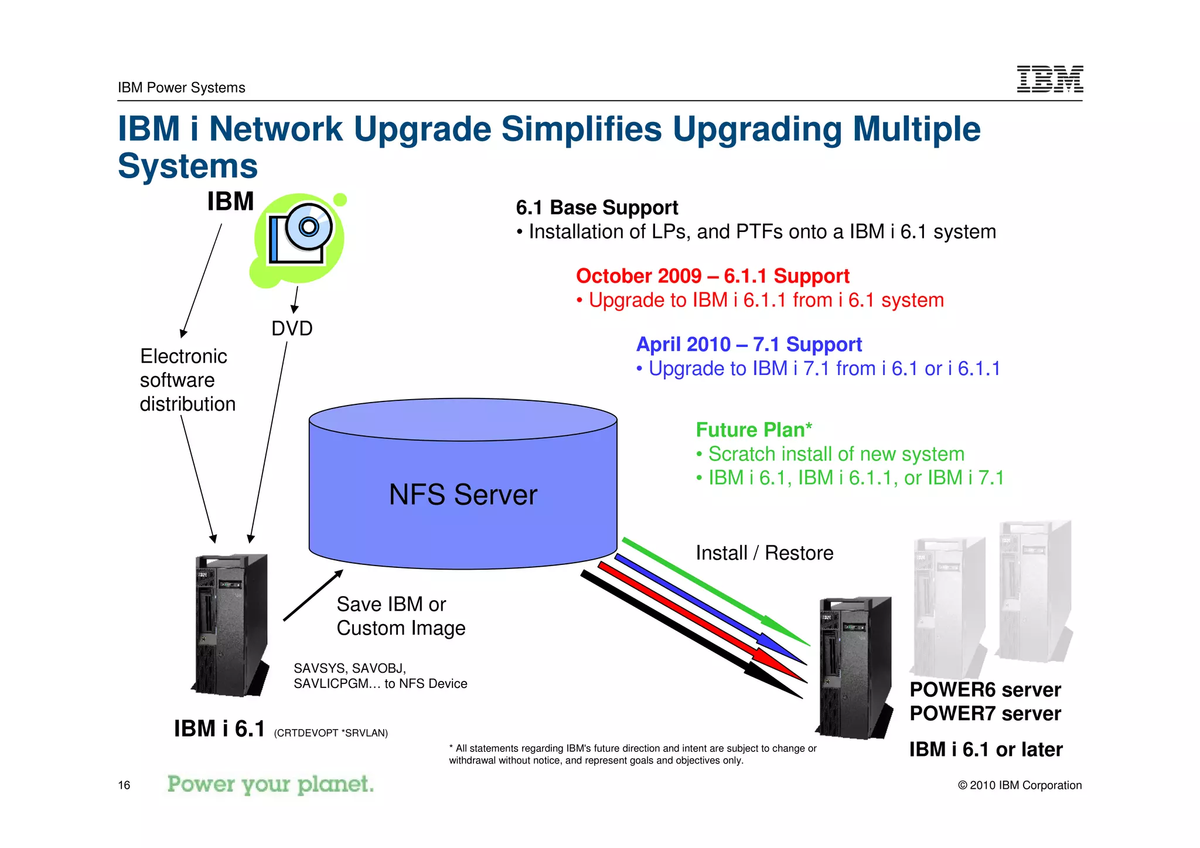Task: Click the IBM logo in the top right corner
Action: coord(1049,79)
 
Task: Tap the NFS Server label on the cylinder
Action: coord(463,495)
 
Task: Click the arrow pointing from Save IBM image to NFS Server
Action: coord(313,595)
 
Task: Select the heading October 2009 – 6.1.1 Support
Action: coord(712,275)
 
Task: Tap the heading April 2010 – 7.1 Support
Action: coord(749,344)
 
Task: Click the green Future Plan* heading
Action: coord(754,430)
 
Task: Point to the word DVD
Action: coord(292,328)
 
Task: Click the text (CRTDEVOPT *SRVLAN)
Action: coord(330,733)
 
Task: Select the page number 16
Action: coord(124,785)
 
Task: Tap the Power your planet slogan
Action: coord(270,784)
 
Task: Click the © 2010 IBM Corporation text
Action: coord(1020,785)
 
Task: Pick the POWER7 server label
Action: coord(985,714)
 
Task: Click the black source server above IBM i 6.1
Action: coord(230,624)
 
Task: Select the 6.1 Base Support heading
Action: coord(596,207)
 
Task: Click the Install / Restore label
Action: coord(764,553)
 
